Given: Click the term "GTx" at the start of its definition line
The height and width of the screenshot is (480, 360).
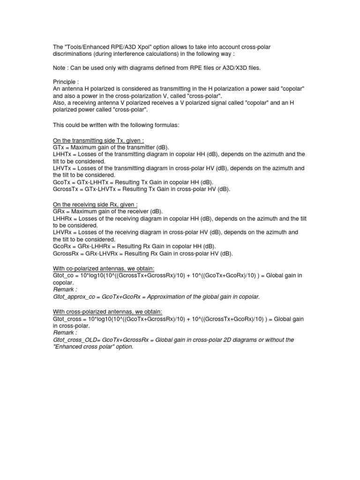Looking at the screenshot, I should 58,147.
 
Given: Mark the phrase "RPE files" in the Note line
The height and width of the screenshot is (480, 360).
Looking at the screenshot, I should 196,68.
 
